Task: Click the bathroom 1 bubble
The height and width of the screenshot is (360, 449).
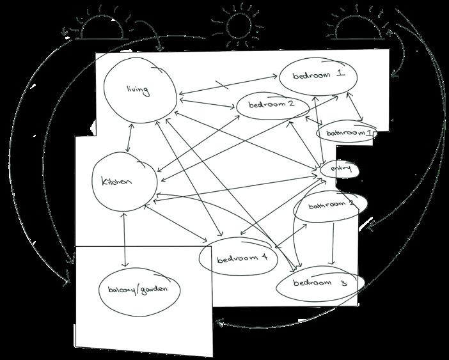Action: click(345, 134)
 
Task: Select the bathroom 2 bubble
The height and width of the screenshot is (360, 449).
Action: click(331, 205)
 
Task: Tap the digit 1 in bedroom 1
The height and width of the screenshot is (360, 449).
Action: click(341, 74)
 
